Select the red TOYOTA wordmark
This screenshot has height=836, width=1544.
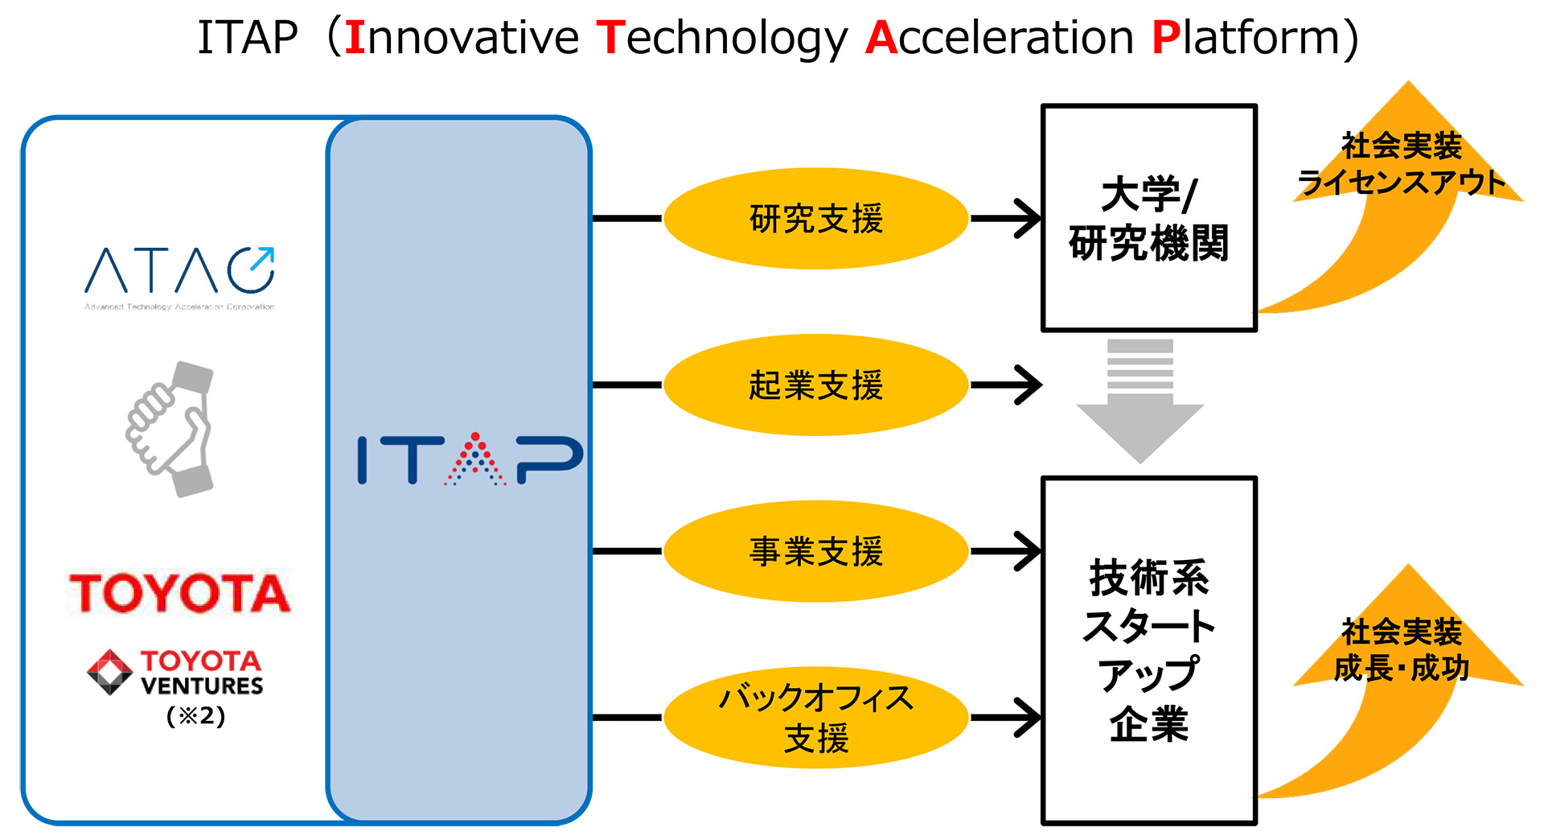pyautogui.click(x=179, y=594)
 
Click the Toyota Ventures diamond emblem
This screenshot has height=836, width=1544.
pyautogui.click(x=109, y=672)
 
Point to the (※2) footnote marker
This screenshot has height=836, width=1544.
pyautogui.click(x=195, y=716)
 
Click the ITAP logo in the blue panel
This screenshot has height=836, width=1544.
pyautogui.click(x=470, y=459)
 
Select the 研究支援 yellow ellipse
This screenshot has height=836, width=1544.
pyautogui.click(x=815, y=218)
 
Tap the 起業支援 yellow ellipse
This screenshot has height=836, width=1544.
pyautogui.click(x=815, y=385)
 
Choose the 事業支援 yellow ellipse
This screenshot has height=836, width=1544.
pyautogui.click(x=815, y=551)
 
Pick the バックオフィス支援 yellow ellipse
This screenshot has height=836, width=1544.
pyautogui.click(x=815, y=717)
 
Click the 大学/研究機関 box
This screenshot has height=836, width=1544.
pyautogui.click(x=1148, y=218)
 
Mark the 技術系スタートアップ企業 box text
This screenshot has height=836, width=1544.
pyautogui.click(x=1148, y=650)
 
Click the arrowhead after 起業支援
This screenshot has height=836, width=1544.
pyautogui.click(x=1029, y=385)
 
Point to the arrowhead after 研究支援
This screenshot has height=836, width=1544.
pyautogui.click(x=1029, y=218)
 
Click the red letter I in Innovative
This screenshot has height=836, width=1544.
pyautogui.click(x=355, y=38)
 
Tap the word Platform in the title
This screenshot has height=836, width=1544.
pyautogui.click(x=1245, y=38)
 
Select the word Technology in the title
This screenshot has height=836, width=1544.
pyautogui.click(x=721, y=38)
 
